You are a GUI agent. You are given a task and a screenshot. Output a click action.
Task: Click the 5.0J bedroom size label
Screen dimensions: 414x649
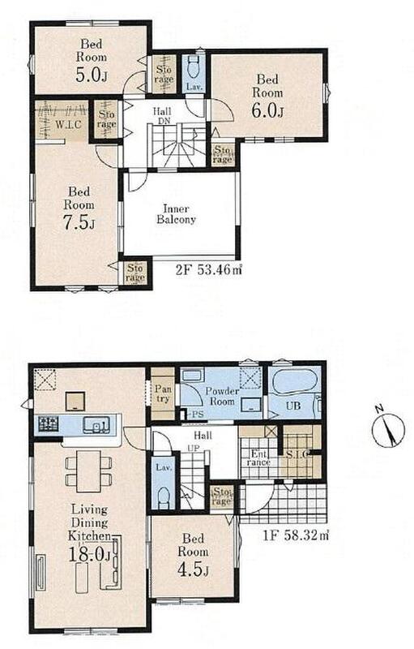coord(92,75)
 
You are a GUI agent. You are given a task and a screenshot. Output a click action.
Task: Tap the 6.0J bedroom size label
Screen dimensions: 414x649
coord(267,111)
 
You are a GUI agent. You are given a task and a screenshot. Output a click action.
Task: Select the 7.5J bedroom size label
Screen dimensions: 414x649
coord(79,224)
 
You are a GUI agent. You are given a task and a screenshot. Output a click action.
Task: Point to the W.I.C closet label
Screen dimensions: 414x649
coord(68,124)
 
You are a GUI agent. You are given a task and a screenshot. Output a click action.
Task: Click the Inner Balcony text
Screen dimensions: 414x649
coord(176,214)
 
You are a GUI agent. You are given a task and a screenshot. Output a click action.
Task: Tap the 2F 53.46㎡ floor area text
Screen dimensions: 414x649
coord(209,270)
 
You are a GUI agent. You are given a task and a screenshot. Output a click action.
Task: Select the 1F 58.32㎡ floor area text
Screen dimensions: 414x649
coord(296,535)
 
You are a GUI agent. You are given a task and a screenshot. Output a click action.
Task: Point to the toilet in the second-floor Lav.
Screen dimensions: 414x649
coord(193,67)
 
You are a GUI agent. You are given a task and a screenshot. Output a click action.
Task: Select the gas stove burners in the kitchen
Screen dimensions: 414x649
coord(49,423)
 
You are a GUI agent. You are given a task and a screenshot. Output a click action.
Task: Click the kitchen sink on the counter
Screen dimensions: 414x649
coord(96,424)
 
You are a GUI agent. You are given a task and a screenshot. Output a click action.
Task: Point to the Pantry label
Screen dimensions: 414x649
coord(163,393)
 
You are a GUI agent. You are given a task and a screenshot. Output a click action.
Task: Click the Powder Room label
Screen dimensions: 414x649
coord(222,396)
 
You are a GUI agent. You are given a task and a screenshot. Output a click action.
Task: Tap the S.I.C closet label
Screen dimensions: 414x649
coord(297,454)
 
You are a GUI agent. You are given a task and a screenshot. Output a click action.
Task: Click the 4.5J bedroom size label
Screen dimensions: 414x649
coord(193,570)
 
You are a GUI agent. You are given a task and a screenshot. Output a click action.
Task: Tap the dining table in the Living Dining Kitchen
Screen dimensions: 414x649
coord(88,471)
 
